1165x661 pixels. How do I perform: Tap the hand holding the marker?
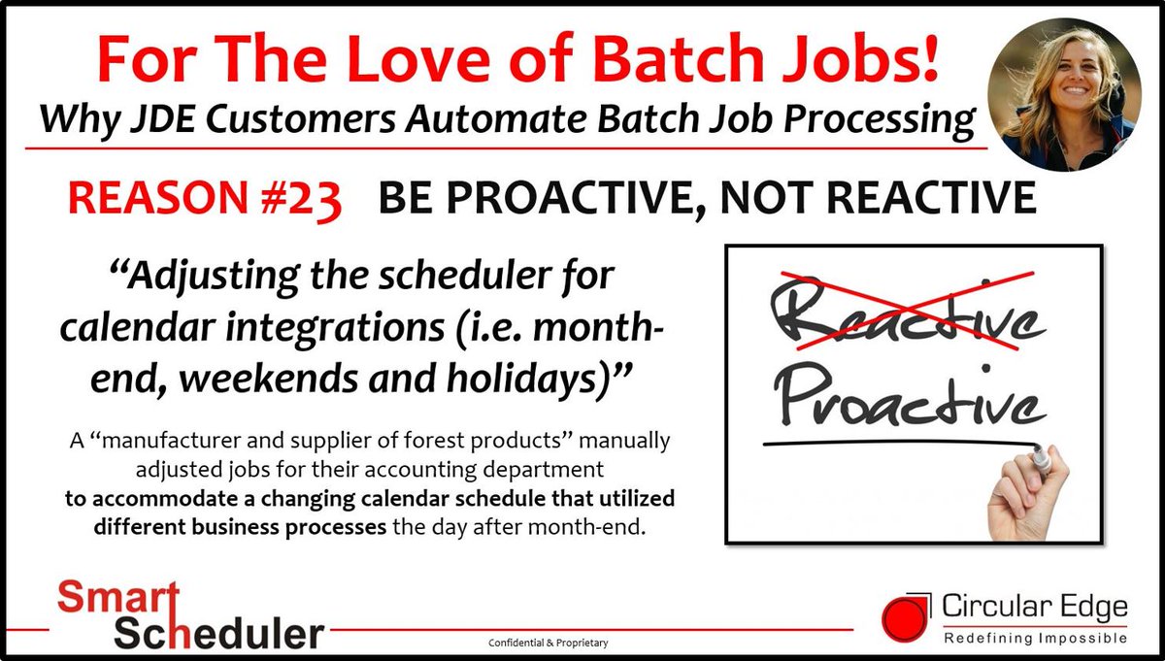1029,494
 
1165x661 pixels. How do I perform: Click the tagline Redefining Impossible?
1036,638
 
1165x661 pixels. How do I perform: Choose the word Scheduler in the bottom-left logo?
218,634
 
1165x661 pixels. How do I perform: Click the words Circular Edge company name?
1035,608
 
